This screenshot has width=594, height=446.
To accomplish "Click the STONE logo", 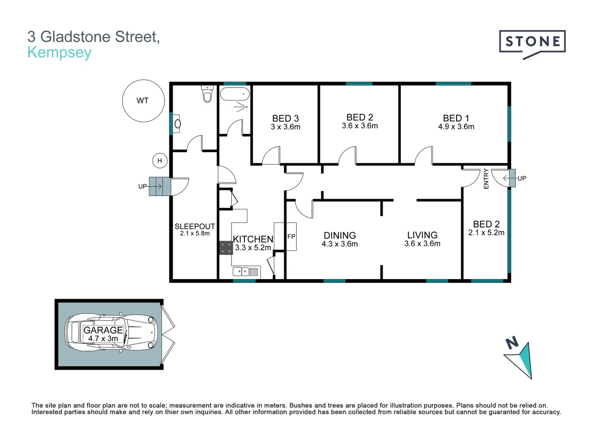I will (532, 42).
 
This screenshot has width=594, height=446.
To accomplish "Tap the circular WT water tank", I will (143, 101).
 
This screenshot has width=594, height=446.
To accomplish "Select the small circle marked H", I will (160, 161).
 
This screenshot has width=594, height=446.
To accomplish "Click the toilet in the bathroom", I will (207, 95).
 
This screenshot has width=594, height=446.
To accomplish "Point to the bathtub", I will (235, 94).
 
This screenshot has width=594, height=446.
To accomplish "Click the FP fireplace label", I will (291, 237).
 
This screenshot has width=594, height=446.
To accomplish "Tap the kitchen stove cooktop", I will (226, 248).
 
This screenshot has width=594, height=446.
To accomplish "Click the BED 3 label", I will (285, 119).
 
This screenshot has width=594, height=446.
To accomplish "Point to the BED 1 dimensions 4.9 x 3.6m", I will (456, 127).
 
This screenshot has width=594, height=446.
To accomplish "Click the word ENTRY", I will (486, 179).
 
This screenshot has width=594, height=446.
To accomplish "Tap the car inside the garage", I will (111, 333).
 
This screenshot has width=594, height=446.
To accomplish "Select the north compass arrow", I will (521, 359).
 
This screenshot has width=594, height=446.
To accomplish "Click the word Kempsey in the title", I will (59, 53).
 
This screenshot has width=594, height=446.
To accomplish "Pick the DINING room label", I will (339, 235).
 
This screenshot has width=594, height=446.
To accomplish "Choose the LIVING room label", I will (422, 235).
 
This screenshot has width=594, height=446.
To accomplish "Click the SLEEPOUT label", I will (195, 226).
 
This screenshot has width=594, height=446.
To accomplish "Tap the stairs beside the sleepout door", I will (160, 186).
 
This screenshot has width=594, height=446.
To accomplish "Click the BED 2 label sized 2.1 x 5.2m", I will (486, 224).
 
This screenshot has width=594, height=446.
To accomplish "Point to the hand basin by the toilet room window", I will (177, 123).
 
